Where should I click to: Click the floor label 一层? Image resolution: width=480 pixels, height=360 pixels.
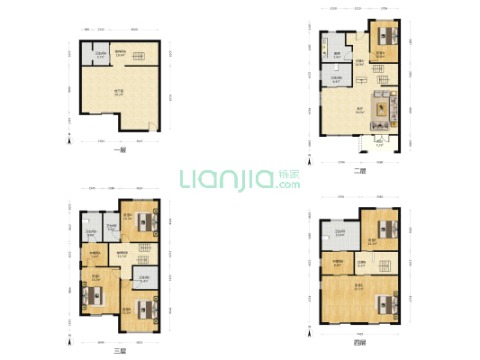tap(118, 150)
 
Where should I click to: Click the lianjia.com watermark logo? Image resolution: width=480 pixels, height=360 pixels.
tap(240, 179)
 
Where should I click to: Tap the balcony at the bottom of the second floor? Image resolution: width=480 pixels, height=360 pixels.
tap(379, 141)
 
